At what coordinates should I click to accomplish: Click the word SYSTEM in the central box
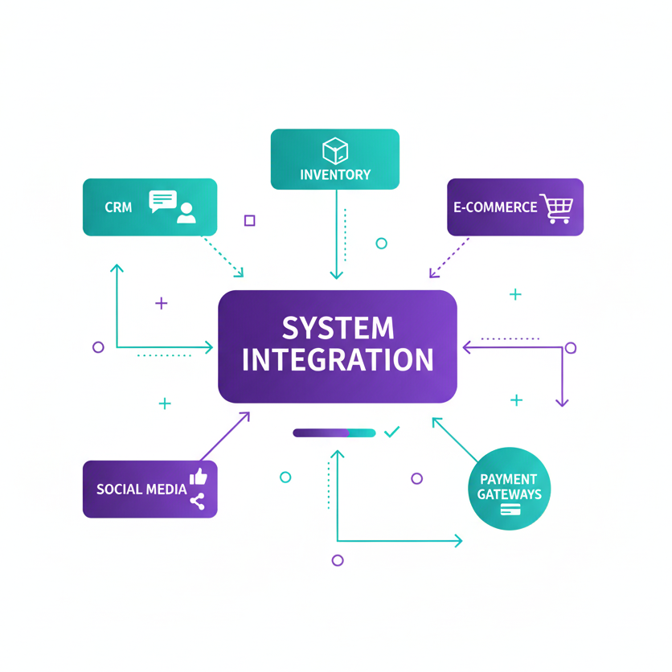coord(338,328)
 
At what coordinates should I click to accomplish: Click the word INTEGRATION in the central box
coord(338,359)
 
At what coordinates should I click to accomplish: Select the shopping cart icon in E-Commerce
coord(557,207)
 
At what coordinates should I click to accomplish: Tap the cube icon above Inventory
coord(334,150)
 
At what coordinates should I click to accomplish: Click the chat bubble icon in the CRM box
coord(162,201)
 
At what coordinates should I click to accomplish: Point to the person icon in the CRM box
coord(186,212)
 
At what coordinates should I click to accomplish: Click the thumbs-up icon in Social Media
coord(198,477)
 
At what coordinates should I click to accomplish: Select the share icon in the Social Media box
coord(197,502)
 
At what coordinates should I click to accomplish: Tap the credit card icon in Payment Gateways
coord(509,510)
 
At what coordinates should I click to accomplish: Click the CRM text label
coord(118,207)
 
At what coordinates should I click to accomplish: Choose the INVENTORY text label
coord(335,174)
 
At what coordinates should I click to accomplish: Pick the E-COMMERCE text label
coord(494,207)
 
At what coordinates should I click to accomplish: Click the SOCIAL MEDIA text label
coord(141,489)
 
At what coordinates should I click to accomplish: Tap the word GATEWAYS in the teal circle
coord(509,494)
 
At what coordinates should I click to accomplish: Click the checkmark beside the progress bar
coord(392,432)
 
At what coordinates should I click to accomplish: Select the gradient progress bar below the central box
coord(334,433)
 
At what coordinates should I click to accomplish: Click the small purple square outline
coord(249,220)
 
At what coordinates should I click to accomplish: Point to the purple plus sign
coord(162,303)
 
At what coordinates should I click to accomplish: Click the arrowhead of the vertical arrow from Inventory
coord(336,274)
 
